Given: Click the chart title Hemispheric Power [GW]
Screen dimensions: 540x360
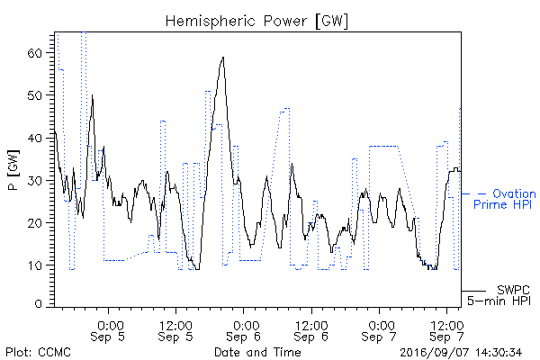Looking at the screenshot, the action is point(256,22).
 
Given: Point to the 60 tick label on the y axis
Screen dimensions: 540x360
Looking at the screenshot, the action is point(34,53).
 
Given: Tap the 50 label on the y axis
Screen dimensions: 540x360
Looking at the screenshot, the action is point(34,95).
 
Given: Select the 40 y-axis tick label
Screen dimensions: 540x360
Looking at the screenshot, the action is point(34,138).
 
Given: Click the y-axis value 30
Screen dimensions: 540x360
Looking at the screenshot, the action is point(34,181).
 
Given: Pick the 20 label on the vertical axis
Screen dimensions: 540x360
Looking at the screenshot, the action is point(34,223).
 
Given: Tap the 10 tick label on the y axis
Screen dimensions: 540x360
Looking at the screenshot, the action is point(34,265).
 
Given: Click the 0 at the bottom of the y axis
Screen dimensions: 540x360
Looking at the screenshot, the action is point(38,304).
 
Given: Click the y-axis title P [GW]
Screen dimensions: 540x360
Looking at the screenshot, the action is point(13,170).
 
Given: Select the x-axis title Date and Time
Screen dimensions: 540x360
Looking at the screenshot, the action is point(257,353).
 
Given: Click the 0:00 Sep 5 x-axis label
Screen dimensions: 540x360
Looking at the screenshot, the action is point(108,331).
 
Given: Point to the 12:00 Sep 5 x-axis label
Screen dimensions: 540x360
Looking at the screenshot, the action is point(175,331).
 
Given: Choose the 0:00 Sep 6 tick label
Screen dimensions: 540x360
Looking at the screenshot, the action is point(244,331).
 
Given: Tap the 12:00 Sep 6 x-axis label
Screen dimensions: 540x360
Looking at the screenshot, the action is point(311,331).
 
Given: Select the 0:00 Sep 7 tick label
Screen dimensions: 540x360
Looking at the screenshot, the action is point(379,331).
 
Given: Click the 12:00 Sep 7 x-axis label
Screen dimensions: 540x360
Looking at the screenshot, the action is point(446,331).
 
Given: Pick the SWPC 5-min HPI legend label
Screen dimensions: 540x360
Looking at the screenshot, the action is point(499,295).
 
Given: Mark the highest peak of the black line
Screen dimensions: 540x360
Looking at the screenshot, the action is point(223,58).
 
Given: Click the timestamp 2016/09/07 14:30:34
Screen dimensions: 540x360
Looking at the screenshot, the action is point(461,353).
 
